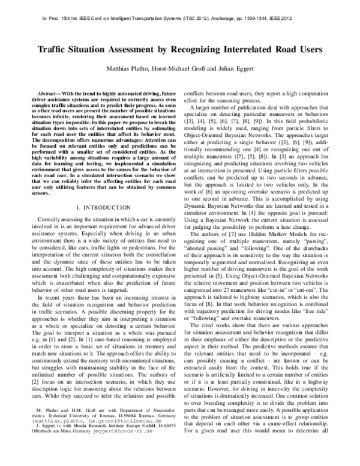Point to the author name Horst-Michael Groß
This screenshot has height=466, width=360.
(170, 67)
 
